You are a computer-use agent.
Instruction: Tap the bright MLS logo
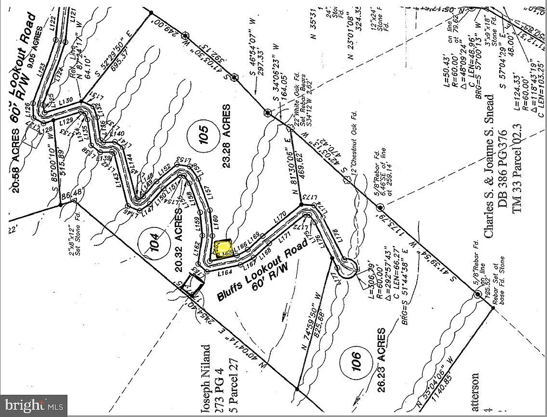coord(34,405)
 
